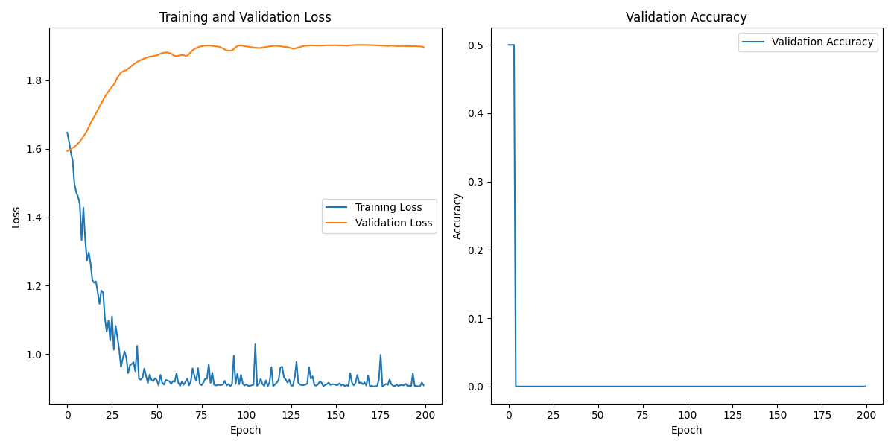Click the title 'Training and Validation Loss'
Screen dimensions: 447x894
click(246, 17)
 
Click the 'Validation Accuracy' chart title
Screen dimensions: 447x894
click(686, 17)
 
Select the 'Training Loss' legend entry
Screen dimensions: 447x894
click(388, 207)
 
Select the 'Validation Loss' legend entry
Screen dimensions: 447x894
click(393, 223)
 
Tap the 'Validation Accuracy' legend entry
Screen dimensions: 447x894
click(822, 42)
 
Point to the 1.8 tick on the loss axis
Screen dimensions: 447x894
click(34, 81)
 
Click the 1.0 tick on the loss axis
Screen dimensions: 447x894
click(34, 355)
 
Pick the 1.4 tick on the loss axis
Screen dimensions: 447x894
click(34, 218)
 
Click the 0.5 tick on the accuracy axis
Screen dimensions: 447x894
click(475, 45)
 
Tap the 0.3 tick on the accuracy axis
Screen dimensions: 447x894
click(475, 182)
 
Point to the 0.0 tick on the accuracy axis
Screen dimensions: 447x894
click(475, 387)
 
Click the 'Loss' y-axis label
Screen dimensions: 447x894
click(16, 218)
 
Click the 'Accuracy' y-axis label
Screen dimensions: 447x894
click(457, 216)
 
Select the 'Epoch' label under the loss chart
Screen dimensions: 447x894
click(245, 430)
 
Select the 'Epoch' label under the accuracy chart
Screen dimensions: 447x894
click(686, 430)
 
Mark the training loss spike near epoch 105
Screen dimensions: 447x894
click(256, 344)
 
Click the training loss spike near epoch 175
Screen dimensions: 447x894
click(381, 355)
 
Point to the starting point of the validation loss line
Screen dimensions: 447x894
click(67, 151)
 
